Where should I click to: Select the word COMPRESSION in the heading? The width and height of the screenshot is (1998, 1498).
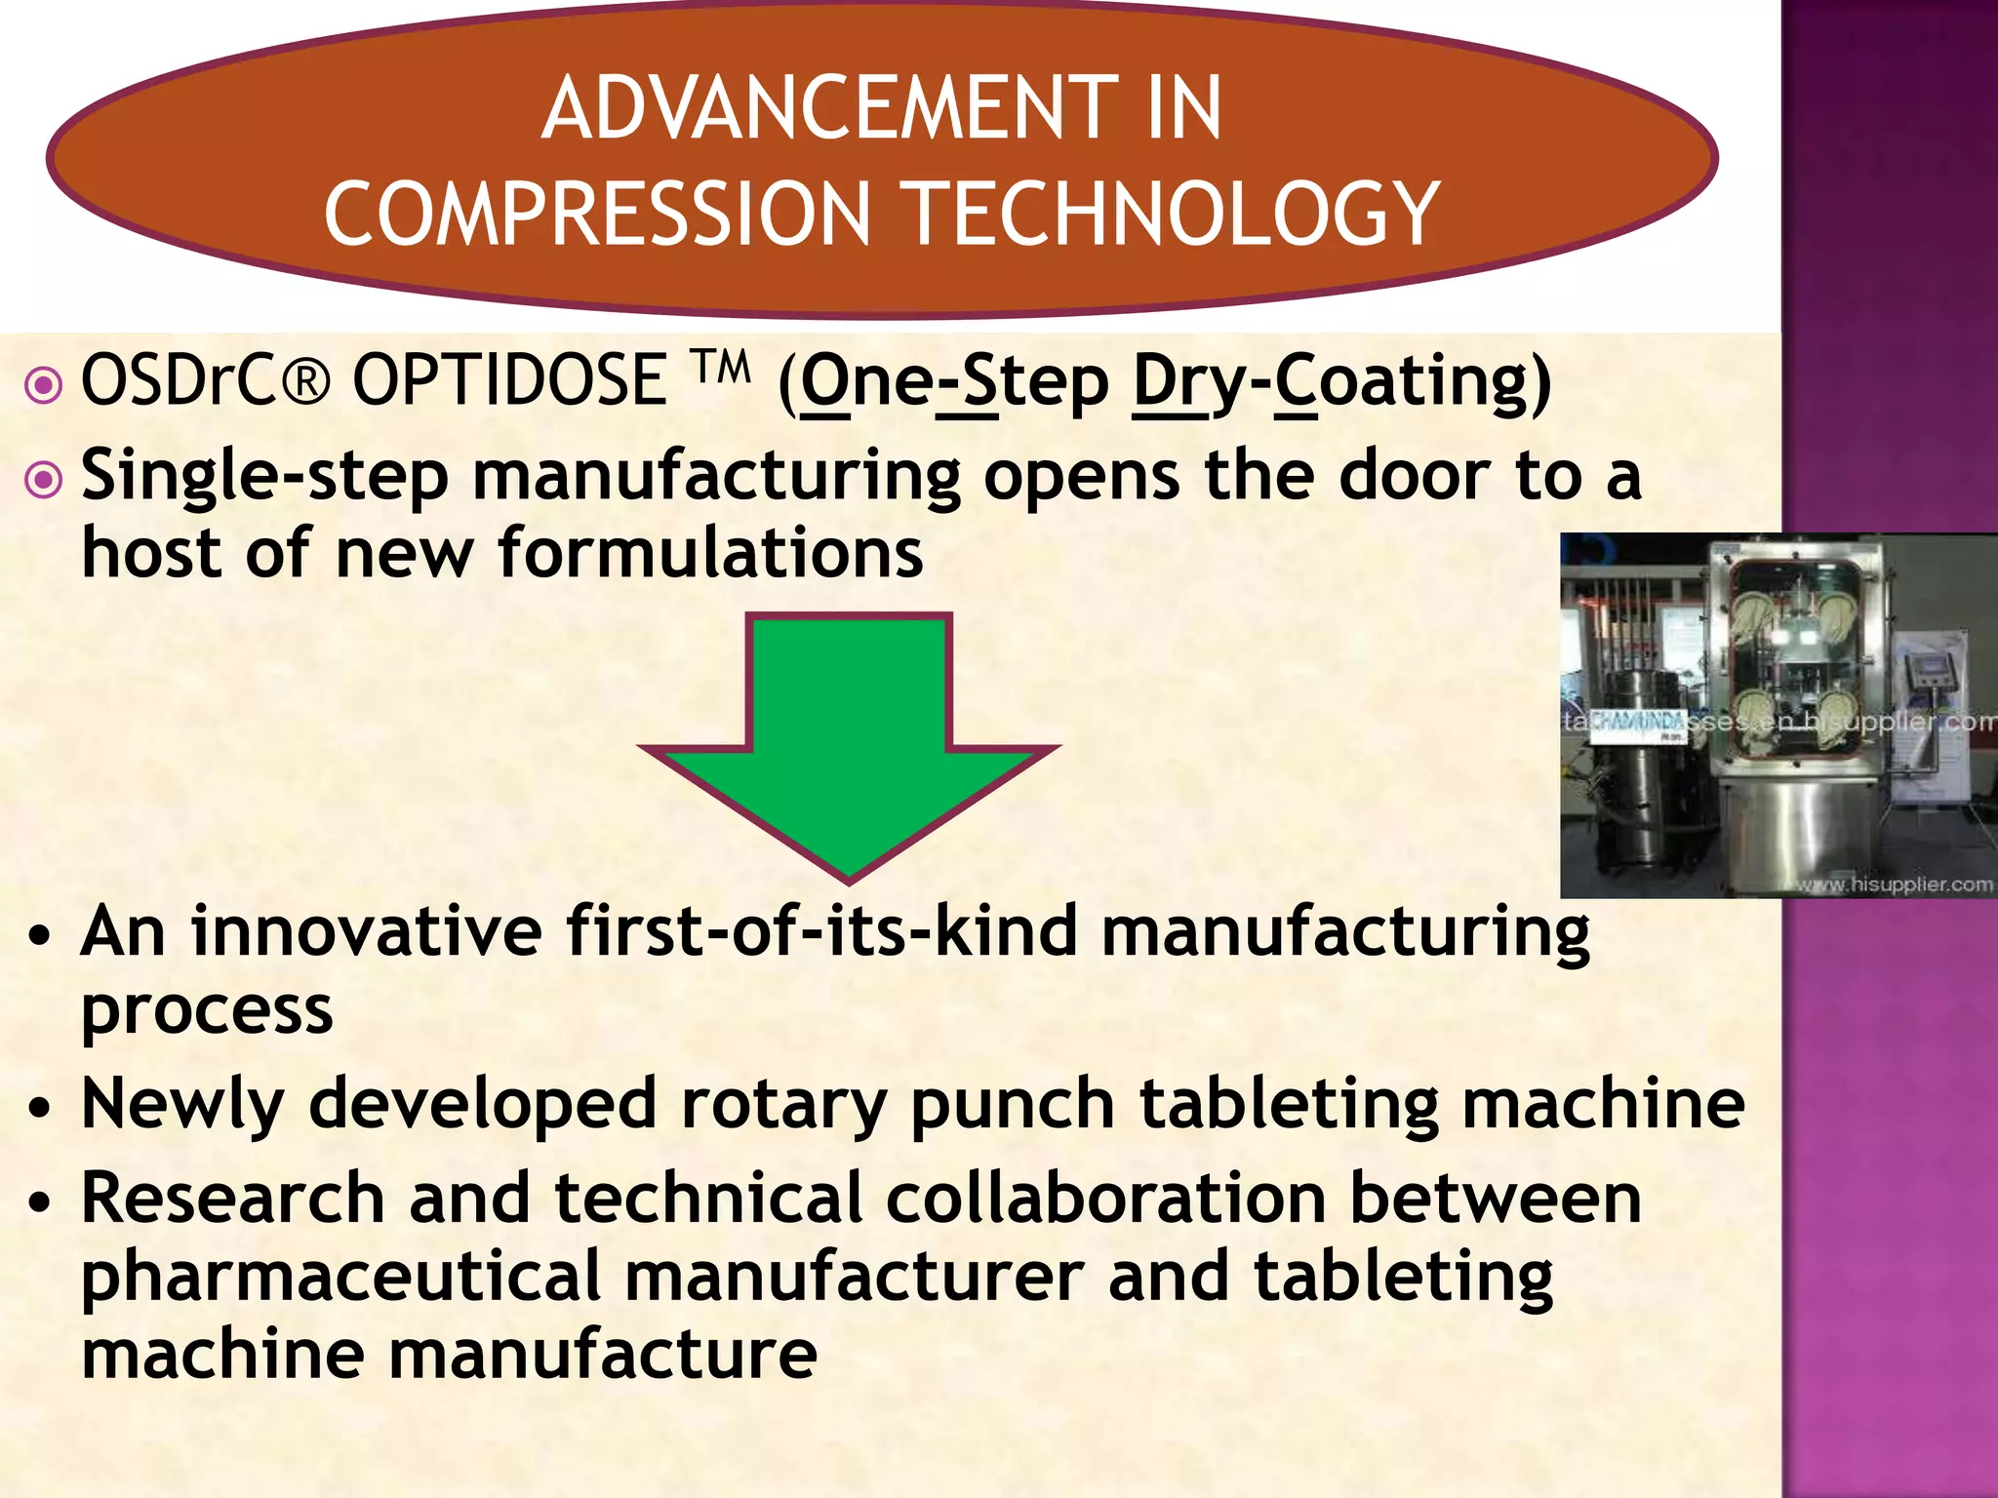(x=597, y=215)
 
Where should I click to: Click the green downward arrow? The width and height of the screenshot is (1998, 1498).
(x=849, y=741)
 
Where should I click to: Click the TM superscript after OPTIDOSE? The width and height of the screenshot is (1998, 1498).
(x=722, y=369)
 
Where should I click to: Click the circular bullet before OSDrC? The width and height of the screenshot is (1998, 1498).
(x=44, y=385)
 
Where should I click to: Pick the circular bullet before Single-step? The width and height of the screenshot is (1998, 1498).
(x=44, y=479)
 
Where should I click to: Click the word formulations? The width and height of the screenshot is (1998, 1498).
(x=710, y=554)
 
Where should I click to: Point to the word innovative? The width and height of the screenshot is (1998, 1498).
(x=366, y=931)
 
